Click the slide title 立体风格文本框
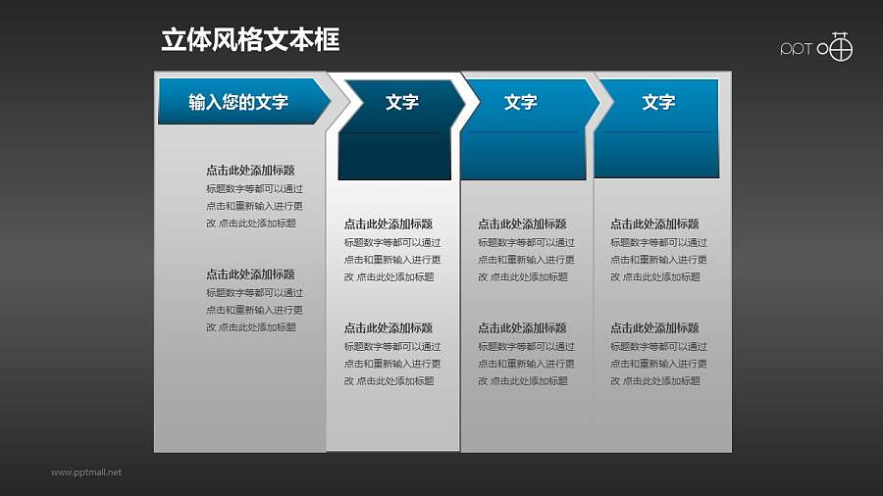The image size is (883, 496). click(x=250, y=39)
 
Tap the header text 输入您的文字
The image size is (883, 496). click(x=238, y=102)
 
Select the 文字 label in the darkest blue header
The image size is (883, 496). click(x=402, y=102)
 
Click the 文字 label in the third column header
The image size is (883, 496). click(x=520, y=102)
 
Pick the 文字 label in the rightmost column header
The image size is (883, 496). click(x=658, y=102)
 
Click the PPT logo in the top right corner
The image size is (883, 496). click(x=816, y=47)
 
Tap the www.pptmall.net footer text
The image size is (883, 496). click(x=86, y=472)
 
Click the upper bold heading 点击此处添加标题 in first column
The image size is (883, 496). click(x=250, y=170)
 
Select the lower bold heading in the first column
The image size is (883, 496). click(x=250, y=274)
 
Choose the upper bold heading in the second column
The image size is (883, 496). click(x=388, y=223)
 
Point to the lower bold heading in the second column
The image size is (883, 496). click(x=388, y=327)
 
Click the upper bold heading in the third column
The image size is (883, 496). click(x=522, y=223)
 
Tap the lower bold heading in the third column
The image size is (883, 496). click(x=522, y=327)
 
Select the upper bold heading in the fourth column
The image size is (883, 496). click(x=654, y=223)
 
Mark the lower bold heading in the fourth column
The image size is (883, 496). click(x=654, y=327)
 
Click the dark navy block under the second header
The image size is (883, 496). click(x=394, y=157)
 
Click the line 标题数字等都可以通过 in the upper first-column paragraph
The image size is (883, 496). click(x=254, y=188)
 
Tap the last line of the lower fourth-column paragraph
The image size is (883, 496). click(x=654, y=381)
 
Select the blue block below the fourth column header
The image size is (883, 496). click(x=656, y=155)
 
